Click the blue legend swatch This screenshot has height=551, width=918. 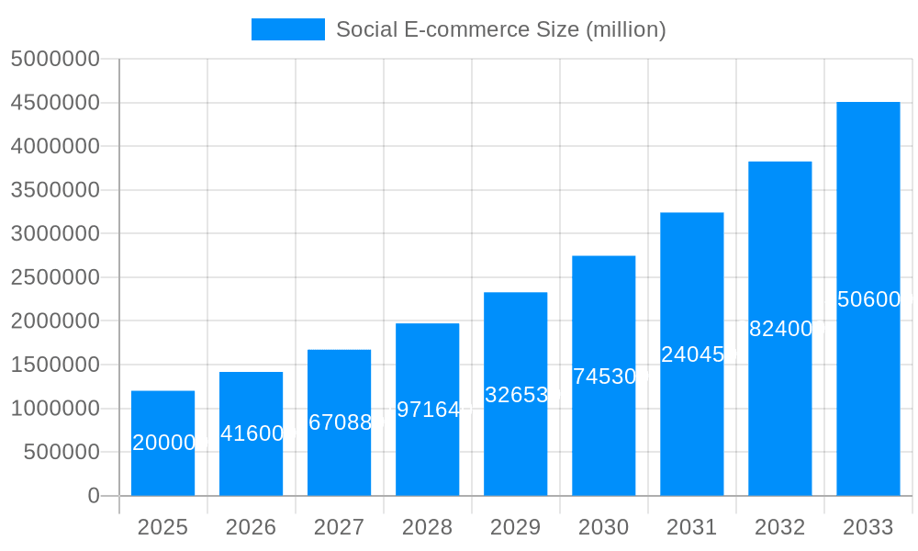(287, 29)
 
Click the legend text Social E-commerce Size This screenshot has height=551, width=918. (500, 29)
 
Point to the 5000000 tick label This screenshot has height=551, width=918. (54, 59)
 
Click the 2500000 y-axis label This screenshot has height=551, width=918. (54, 277)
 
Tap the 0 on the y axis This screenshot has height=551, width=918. (93, 496)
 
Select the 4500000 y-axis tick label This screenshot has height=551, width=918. (54, 103)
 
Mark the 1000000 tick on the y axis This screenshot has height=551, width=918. (54, 409)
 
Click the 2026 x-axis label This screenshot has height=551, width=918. (251, 527)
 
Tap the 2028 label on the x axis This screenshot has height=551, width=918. (427, 527)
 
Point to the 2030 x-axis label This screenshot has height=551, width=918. (603, 527)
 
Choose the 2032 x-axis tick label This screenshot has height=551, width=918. (779, 527)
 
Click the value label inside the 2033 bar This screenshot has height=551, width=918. (868, 299)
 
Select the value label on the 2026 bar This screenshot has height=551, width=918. (252, 433)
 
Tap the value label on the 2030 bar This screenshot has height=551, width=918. (604, 377)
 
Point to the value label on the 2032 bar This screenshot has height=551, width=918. (780, 329)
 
